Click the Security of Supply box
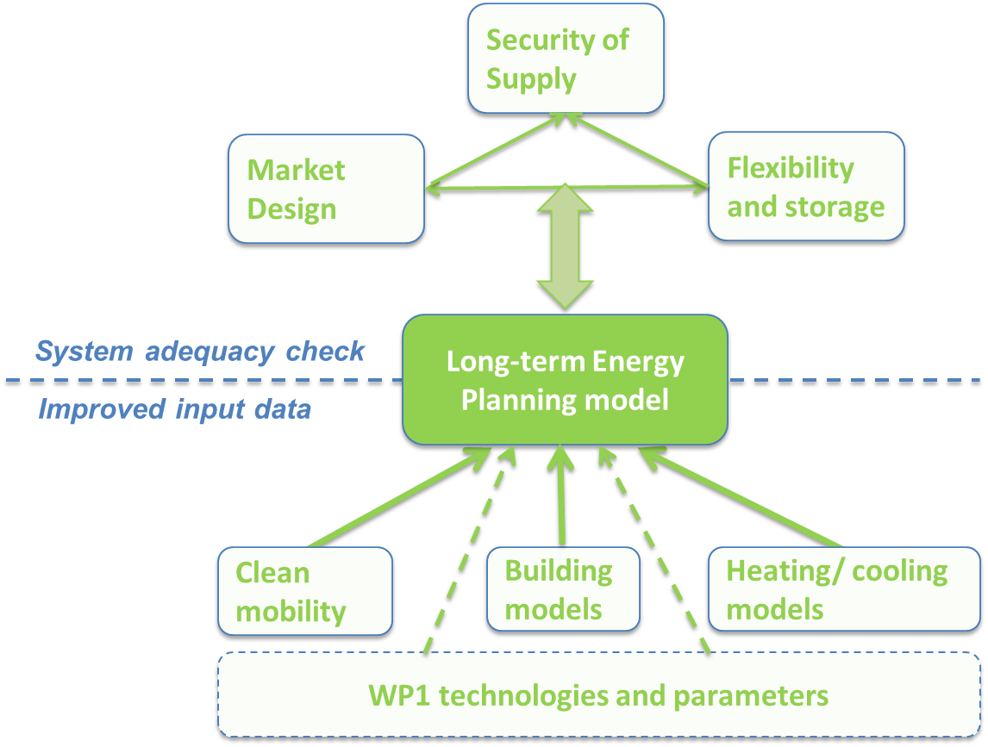566,59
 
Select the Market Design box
326,189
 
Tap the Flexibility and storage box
805,186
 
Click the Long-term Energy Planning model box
565,380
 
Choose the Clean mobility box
304,592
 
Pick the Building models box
562,589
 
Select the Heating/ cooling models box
843,589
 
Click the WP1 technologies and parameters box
598,695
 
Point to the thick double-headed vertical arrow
565,246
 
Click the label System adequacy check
200,352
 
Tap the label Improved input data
174,408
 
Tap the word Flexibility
790,167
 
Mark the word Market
296,170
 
